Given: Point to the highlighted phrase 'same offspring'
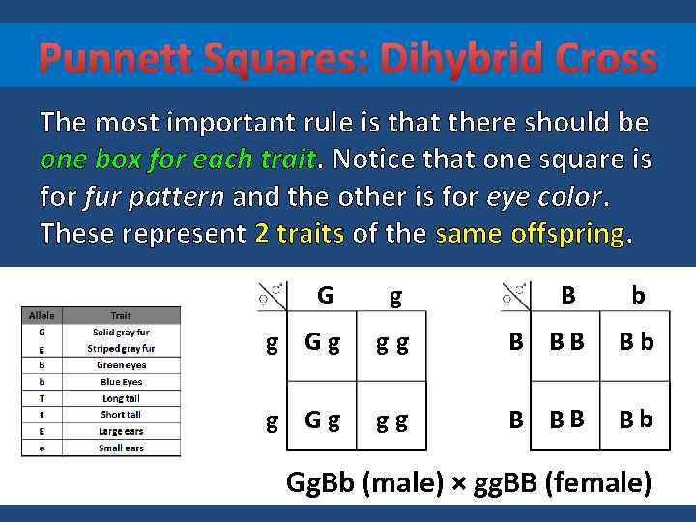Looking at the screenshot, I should tap(531, 233).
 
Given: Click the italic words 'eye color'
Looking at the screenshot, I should tap(542, 197).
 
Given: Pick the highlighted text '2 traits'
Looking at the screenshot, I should tap(299, 233).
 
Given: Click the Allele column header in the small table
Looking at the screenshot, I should tap(43, 315).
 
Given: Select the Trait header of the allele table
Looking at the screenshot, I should tap(120, 315).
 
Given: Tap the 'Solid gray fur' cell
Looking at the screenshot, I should tap(120, 332).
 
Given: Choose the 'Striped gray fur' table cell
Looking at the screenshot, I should tap(120, 348).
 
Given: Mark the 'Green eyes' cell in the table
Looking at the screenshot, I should tap(120, 365).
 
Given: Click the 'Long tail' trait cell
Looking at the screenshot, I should tap(120, 398).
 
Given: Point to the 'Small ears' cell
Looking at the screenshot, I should tap(120, 448).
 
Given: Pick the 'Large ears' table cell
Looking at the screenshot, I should tap(120, 431).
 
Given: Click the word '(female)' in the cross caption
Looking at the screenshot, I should tap(598, 482).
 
